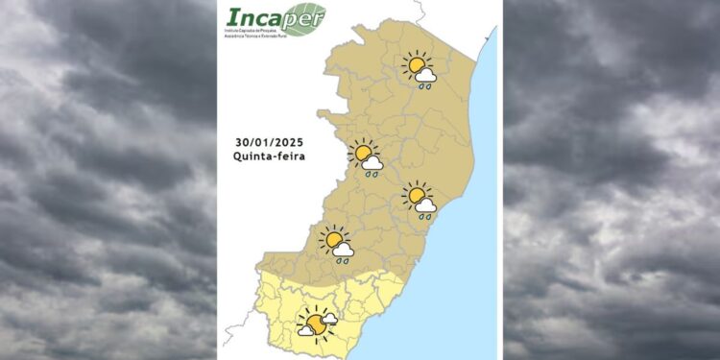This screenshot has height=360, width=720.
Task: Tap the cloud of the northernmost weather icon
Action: (427, 75)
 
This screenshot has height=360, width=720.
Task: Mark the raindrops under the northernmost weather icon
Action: (423, 85)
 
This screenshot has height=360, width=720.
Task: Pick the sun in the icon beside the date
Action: (363, 153)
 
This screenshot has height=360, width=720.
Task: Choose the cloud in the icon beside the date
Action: (373, 163)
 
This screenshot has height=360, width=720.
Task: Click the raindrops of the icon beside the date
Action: (370, 175)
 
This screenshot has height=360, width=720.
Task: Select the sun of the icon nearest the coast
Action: (416, 196)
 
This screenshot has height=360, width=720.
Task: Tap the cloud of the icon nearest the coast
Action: (426, 204)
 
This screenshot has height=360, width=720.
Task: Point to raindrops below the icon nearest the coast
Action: (423, 216)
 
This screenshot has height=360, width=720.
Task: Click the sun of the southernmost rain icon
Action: (333, 239)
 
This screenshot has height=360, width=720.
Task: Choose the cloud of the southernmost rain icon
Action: (344, 249)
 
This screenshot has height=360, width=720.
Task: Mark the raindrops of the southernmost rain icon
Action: (341, 260)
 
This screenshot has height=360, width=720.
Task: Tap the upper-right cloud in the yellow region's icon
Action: (328, 318)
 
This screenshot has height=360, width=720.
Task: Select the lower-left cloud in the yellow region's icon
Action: (306, 330)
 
